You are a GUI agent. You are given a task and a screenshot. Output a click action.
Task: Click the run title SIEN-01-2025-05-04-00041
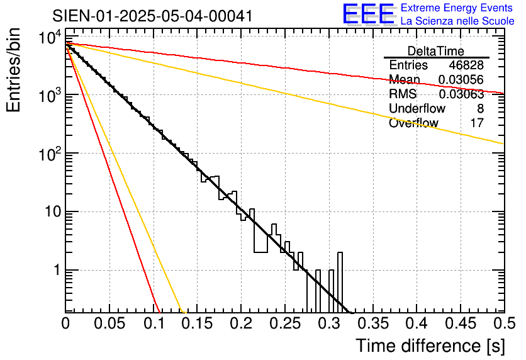(x=153, y=16)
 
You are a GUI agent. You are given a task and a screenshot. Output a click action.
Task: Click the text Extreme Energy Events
(x=457, y=8)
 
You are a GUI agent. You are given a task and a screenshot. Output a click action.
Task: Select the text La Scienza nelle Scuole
(x=457, y=21)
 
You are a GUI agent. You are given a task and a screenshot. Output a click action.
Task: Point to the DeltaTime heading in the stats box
(x=436, y=51)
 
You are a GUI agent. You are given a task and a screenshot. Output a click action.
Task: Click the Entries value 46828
(x=466, y=65)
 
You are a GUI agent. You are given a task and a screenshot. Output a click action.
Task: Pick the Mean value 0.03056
(x=461, y=80)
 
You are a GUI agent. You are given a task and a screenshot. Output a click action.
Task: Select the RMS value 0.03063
(x=461, y=94)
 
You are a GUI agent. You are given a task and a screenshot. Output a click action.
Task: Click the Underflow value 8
(x=480, y=109)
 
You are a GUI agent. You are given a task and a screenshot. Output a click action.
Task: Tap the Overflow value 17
(x=477, y=123)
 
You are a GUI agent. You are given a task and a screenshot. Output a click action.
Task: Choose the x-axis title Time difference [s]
(x=430, y=346)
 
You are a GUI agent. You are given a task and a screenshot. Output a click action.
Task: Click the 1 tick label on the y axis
(x=55, y=271)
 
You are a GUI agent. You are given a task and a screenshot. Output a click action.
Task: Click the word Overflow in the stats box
(x=413, y=123)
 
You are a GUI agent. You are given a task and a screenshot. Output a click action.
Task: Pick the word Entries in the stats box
(x=408, y=65)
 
